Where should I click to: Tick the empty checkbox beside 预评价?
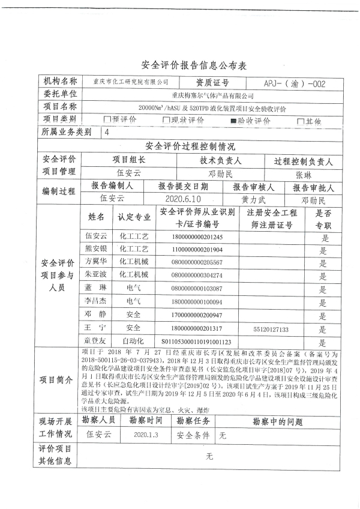pyautogui.click(x=107, y=120)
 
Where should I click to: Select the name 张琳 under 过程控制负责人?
pyautogui.click(x=304, y=173)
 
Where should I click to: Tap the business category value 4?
pyautogui.click(x=107, y=132)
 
